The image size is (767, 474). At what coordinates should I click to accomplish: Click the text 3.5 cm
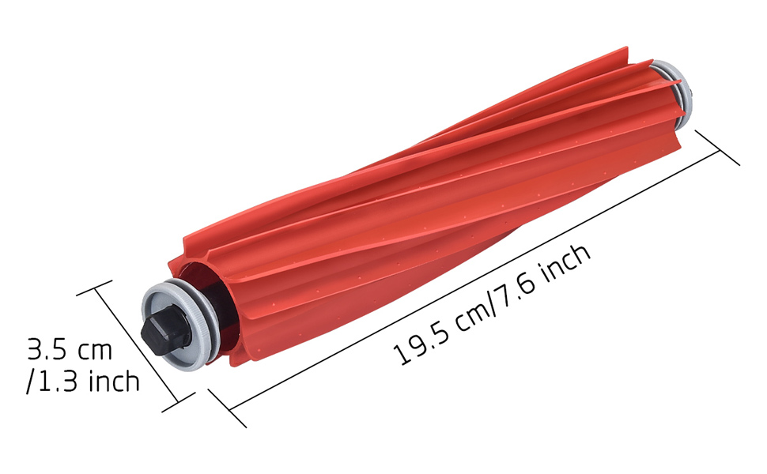(x=70, y=349)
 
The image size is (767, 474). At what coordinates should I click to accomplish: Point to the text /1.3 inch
(x=83, y=380)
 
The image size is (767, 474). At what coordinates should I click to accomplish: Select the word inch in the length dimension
(x=567, y=263)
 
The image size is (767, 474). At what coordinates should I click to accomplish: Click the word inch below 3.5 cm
(x=114, y=380)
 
